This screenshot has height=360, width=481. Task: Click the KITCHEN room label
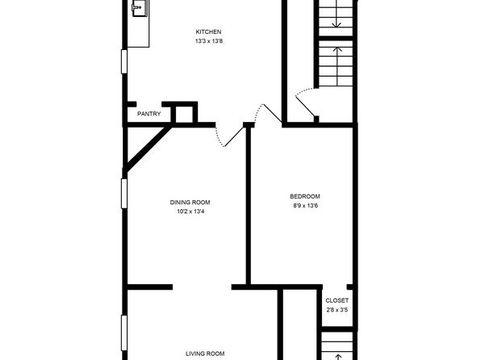pos(208,31)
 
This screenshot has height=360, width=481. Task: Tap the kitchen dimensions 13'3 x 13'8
pos(208,41)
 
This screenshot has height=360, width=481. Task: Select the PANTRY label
pos(148,114)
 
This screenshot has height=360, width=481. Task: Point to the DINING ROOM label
pos(190,203)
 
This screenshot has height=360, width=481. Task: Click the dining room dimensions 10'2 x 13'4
pos(190,211)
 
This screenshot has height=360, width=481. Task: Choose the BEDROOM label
pos(305,196)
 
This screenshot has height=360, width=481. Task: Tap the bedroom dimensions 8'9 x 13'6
pos(305,206)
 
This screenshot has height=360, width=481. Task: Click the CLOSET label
pos(337,300)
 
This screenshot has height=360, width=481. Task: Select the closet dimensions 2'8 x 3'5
pos(337,310)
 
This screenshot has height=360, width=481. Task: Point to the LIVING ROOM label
pos(205,354)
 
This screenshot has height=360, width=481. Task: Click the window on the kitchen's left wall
pos(124,61)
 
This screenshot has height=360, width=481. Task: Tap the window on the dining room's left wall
pos(124,194)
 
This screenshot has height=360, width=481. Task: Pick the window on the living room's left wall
pos(124,333)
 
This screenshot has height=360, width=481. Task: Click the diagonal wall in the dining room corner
pos(147,149)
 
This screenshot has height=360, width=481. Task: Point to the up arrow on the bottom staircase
pos(337,358)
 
